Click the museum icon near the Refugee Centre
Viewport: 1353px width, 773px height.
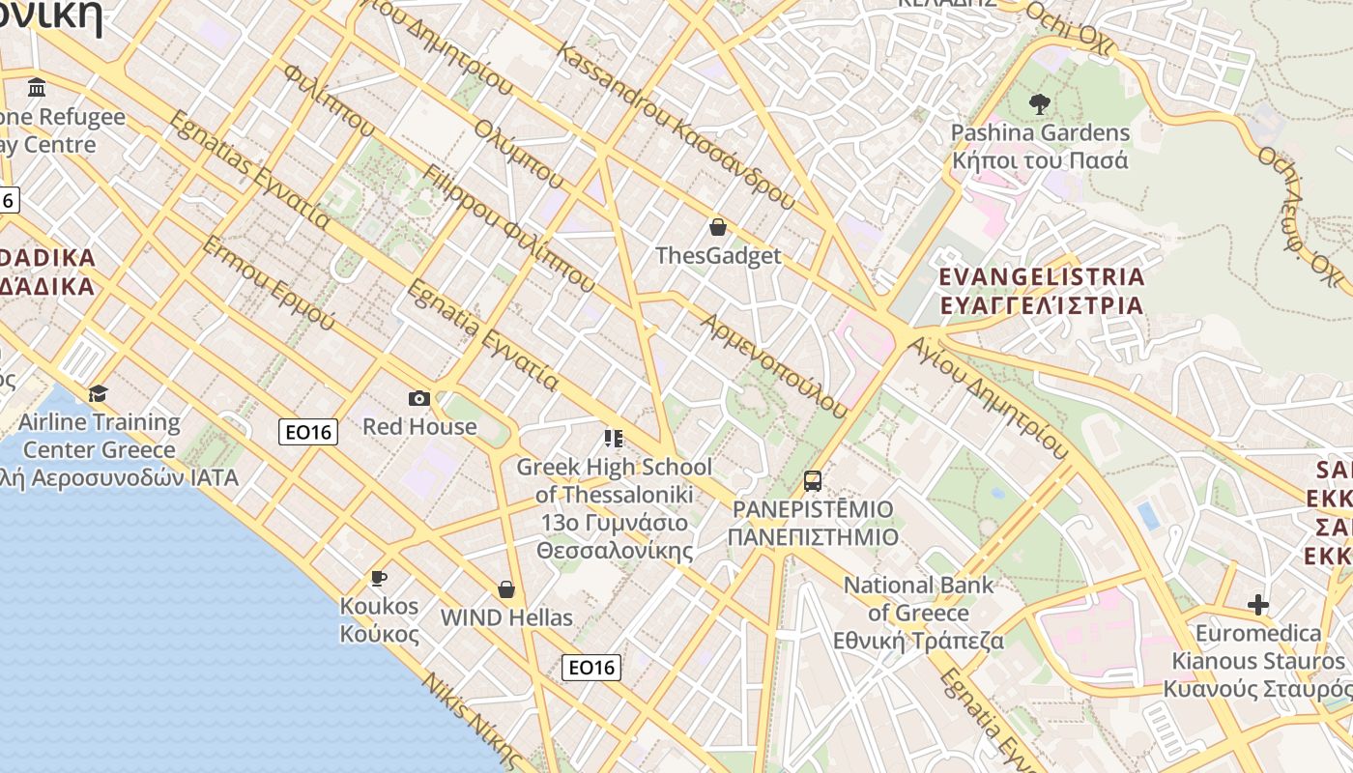[x=37, y=88]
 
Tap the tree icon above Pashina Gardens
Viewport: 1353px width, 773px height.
[x=1040, y=103]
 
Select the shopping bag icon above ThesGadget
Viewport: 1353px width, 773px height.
[x=718, y=227]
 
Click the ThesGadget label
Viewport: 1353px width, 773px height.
[x=718, y=256]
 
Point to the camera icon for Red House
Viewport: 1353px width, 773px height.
[x=418, y=398]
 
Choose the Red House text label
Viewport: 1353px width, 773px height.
[x=419, y=426]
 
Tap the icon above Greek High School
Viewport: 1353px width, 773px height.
[x=613, y=439]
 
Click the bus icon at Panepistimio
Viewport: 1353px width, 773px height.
[x=813, y=480]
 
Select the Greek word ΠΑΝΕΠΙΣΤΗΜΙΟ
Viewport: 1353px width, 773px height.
[x=813, y=537]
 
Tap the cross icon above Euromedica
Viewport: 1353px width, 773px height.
[x=1257, y=605]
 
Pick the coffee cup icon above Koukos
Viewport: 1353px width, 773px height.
[x=379, y=578]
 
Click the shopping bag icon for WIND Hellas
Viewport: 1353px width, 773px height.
[x=505, y=589]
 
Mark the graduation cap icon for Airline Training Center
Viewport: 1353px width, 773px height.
[x=98, y=393]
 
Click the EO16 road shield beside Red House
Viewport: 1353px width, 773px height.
[x=308, y=432]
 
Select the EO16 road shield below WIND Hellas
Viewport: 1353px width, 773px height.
[x=591, y=667]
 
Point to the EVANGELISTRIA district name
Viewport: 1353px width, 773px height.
[x=1041, y=277]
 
